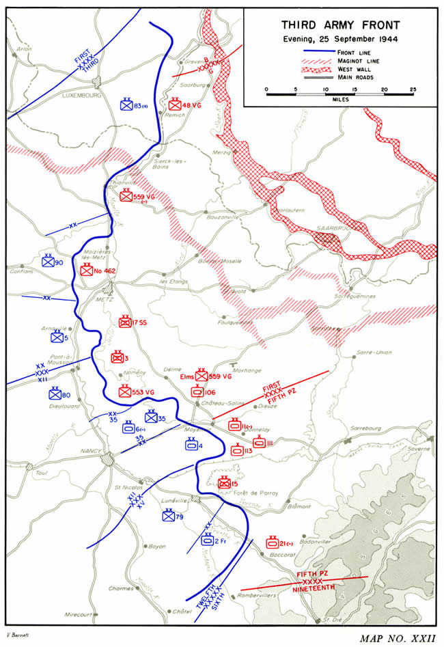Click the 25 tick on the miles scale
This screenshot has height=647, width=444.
pyautogui.click(x=413, y=90)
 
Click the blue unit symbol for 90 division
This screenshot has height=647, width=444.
pyautogui.click(x=47, y=262)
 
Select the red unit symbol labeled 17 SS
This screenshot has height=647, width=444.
pyautogui.click(x=125, y=322)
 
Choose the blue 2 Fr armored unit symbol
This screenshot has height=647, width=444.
pyautogui.click(x=207, y=540)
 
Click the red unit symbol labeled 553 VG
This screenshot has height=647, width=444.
pyautogui.click(x=125, y=392)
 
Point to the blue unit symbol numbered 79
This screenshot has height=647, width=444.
pyautogui.click(x=168, y=517)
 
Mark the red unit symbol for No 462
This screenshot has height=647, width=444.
pyautogui.click(x=87, y=271)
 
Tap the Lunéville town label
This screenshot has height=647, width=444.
pyautogui.click(x=174, y=500)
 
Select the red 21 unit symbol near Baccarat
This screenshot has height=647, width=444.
pyautogui.click(x=272, y=542)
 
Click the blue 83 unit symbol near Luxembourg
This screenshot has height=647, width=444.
pyautogui.click(x=126, y=105)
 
